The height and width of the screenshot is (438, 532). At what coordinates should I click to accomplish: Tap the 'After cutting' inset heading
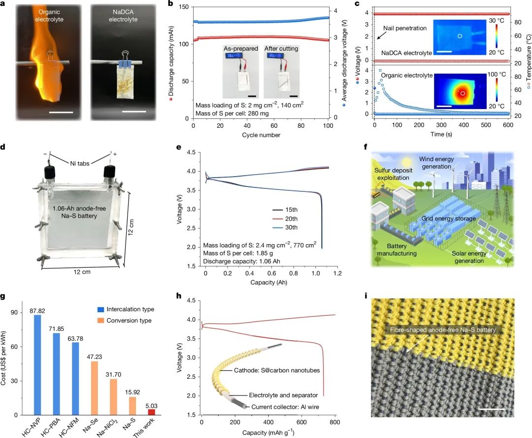tap(281, 48)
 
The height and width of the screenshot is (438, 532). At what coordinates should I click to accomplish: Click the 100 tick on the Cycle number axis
tap(328, 126)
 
